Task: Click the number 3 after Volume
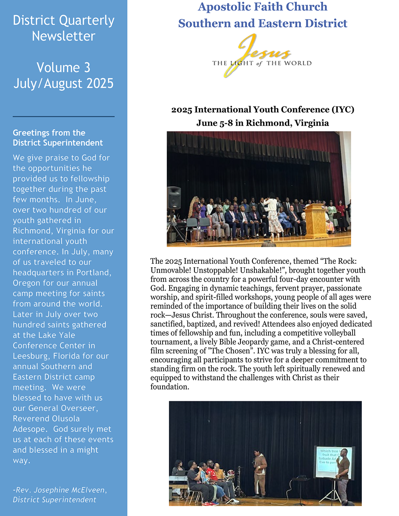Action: (x=87, y=68)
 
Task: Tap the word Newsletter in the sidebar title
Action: (x=64, y=36)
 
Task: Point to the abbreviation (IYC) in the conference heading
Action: (x=343, y=110)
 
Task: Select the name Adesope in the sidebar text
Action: (x=31, y=429)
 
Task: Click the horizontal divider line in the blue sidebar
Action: (x=64, y=117)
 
